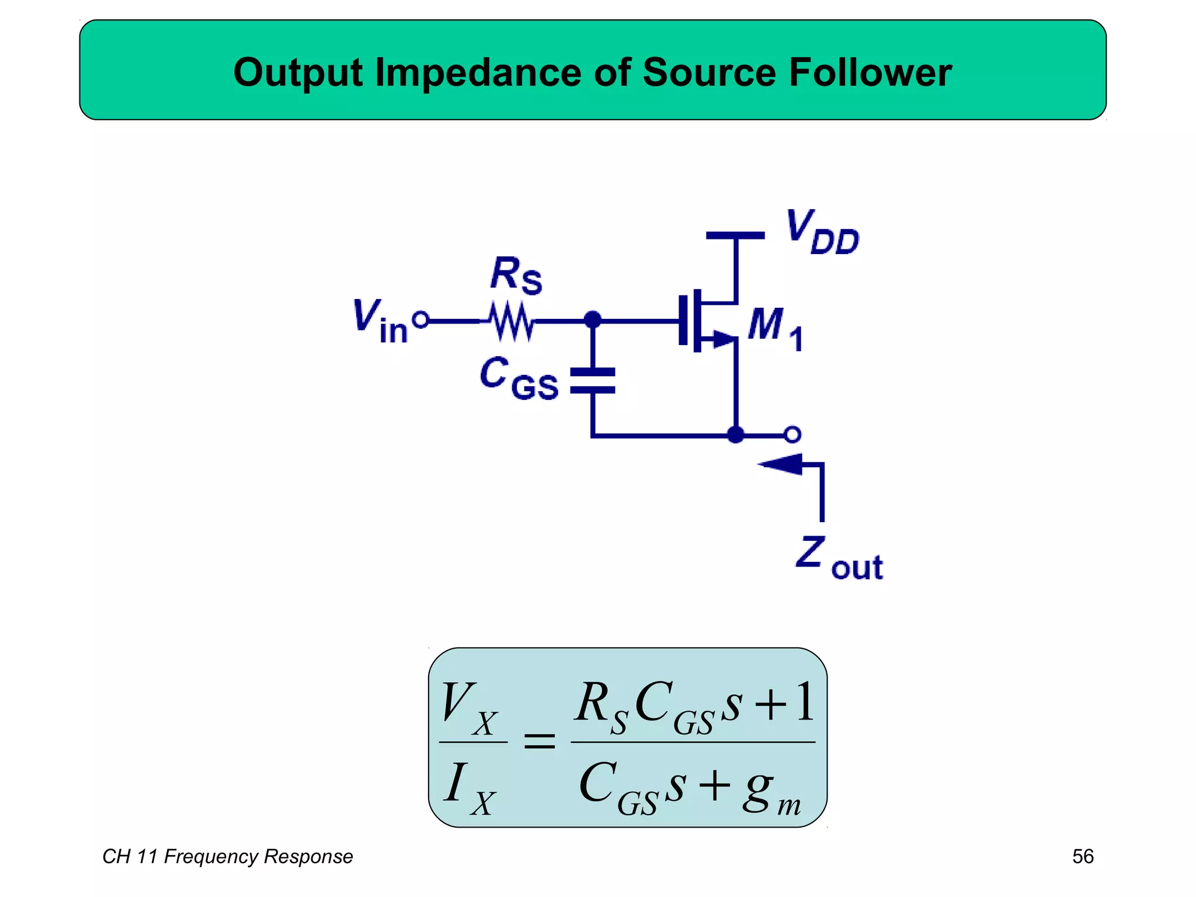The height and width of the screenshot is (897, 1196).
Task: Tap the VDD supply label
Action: [822, 232]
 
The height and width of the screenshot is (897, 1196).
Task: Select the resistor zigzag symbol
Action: [512, 321]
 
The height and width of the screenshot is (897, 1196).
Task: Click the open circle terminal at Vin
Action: [420, 320]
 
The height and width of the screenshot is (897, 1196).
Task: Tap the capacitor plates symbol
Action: [593, 381]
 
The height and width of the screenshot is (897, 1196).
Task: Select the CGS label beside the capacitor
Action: [519, 378]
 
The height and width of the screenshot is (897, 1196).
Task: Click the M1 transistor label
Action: [775, 328]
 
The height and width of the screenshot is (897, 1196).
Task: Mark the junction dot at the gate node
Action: [593, 319]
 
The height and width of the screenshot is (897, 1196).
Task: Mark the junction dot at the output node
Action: [736, 434]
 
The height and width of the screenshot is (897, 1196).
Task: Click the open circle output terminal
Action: [792, 434]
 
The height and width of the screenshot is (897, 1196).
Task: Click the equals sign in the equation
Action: [539, 742]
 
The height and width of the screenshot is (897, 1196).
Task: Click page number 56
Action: [1083, 856]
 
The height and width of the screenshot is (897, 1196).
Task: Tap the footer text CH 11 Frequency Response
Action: [227, 856]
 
